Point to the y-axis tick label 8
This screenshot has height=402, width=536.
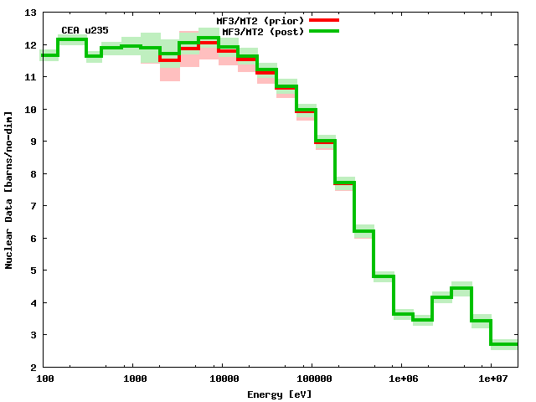(x=31, y=173)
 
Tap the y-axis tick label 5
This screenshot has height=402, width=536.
(x=31, y=271)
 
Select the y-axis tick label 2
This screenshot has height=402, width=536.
(x=31, y=367)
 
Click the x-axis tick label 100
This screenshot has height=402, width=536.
(x=46, y=379)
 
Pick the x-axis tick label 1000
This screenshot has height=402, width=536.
(x=135, y=379)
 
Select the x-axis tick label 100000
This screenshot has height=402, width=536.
(x=311, y=379)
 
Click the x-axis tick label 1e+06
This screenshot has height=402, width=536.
(x=400, y=379)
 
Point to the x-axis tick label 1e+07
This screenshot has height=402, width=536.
(x=490, y=379)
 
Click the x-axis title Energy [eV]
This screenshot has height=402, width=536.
(x=280, y=394)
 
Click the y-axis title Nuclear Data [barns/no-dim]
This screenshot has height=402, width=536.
(x=9, y=189)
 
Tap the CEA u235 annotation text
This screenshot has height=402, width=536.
(x=85, y=30)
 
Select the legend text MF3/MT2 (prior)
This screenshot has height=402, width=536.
(x=260, y=20)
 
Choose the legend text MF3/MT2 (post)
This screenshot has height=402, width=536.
(x=263, y=31)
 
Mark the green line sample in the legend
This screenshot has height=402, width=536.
(x=323, y=30)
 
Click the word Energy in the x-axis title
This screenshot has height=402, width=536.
(x=265, y=394)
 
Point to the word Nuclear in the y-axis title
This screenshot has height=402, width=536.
(x=9, y=250)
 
